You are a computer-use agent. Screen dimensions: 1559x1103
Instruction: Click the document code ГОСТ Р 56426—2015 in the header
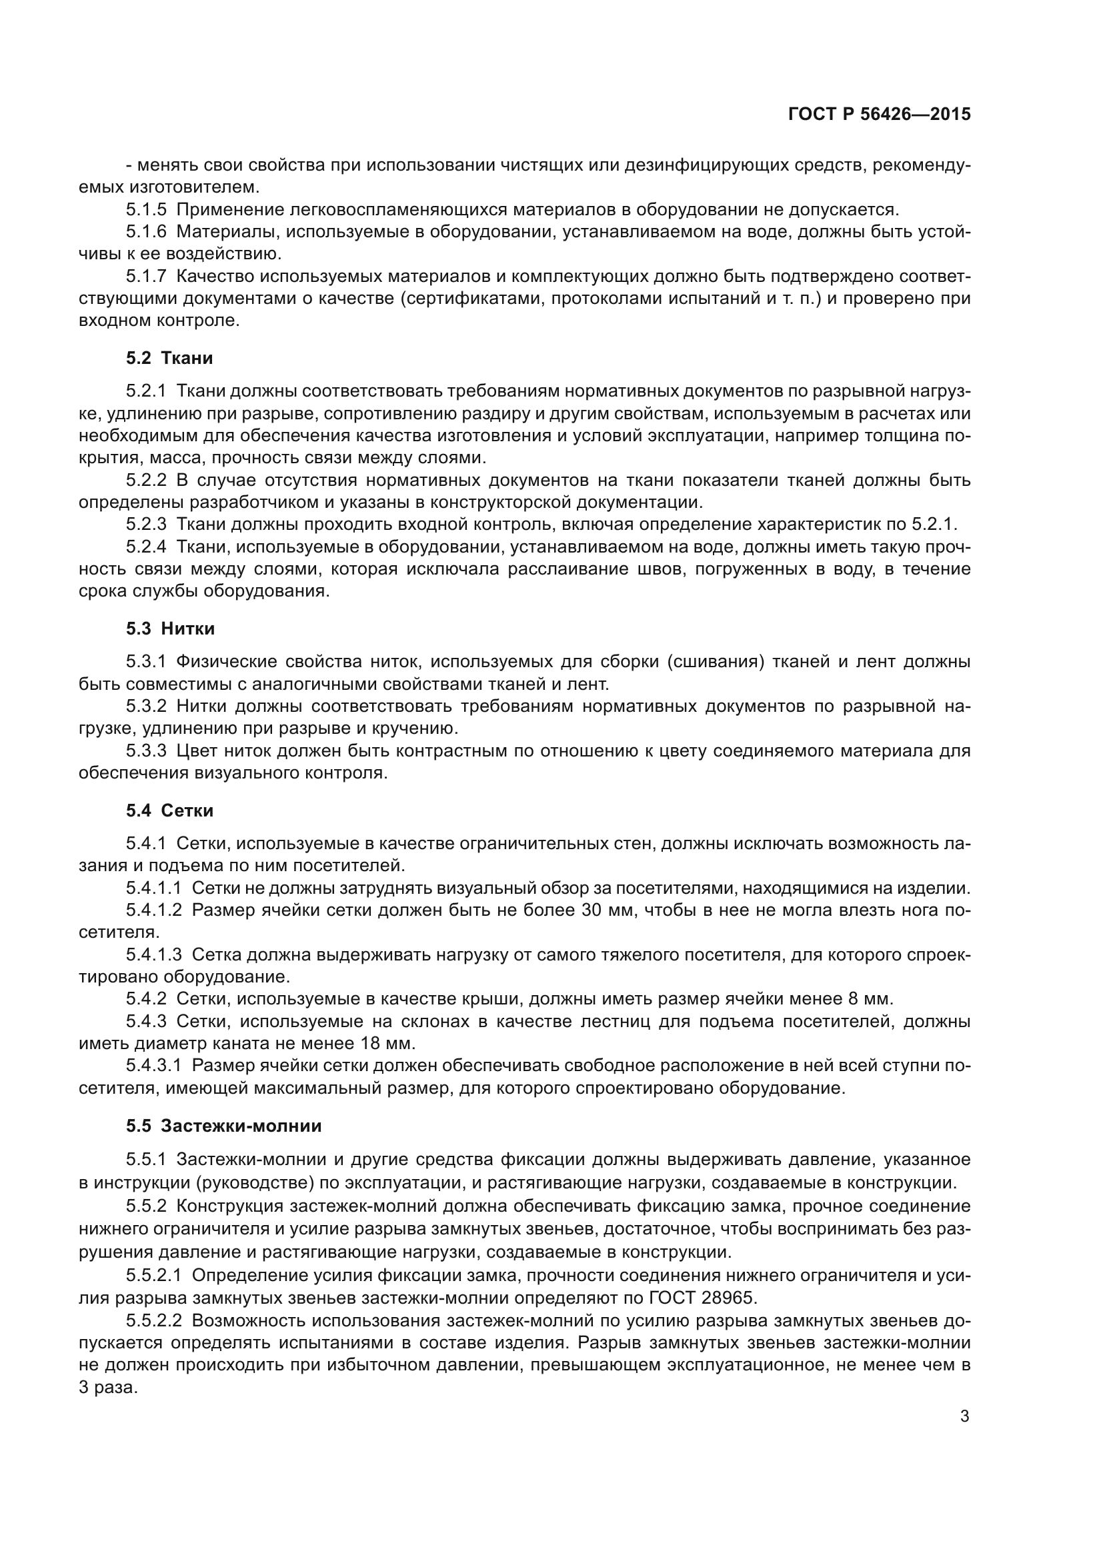pyautogui.click(x=879, y=114)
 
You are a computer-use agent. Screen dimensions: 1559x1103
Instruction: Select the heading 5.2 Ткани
pyautogui.click(x=169, y=358)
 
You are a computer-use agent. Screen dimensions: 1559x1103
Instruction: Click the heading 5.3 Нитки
pyautogui.click(x=170, y=629)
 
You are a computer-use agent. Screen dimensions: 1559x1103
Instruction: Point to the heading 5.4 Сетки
pyautogui.click(x=169, y=810)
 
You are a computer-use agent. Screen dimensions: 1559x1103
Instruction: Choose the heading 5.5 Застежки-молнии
pyautogui.click(x=223, y=1126)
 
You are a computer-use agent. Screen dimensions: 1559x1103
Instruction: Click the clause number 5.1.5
pyautogui.click(x=146, y=210)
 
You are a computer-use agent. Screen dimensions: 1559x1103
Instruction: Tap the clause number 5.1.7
pyautogui.click(x=146, y=277)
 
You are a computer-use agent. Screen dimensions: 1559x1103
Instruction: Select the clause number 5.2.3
pyautogui.click(x=146, y=524)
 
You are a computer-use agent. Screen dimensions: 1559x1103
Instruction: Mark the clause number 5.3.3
pyautogui.click(x=146, y=751)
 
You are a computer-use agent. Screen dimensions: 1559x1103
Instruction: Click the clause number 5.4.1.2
pyautogui.click(x=153, y=910)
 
